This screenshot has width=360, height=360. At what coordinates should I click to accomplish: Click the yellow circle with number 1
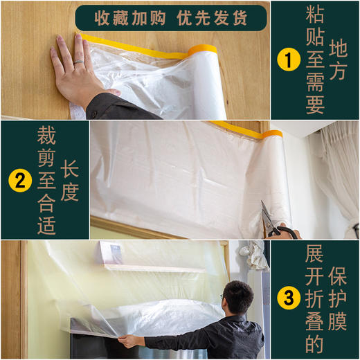[284, 60]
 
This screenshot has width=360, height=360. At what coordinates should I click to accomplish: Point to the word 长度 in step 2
[70, 181]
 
